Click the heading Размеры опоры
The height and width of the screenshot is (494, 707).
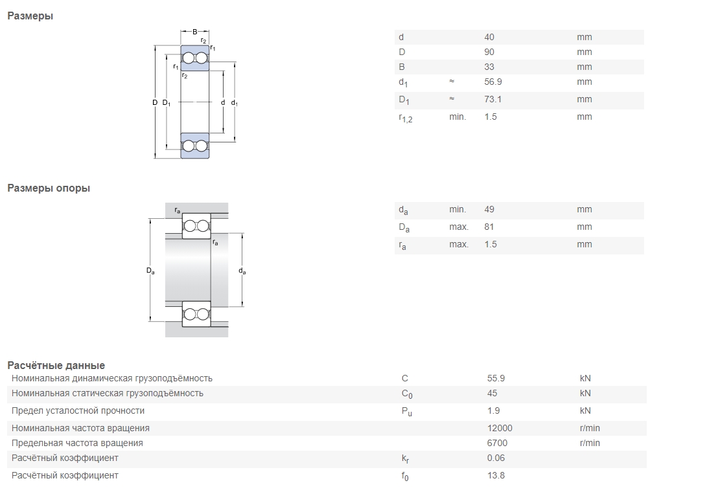tap(49, 188)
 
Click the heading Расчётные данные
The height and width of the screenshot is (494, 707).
tap(56, 365)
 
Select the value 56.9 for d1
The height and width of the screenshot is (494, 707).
tap(493, 82)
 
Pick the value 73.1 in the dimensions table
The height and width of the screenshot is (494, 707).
tap(493, 99)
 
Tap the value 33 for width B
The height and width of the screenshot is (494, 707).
tap(489, 67)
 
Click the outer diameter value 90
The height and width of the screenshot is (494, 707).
tap(489, 52)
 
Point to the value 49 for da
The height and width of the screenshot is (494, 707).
tap(489, 209)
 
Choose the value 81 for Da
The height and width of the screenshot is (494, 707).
tap(489, 227)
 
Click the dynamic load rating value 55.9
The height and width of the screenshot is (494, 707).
tap(496, 378)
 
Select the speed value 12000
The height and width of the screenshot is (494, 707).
tap(500, 428)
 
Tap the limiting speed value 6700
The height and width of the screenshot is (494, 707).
tap(497, 443)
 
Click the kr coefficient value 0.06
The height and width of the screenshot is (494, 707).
tap(496, 458)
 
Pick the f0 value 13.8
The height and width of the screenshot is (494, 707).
tap(496, 475)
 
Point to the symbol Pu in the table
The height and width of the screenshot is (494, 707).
tap(407, 412)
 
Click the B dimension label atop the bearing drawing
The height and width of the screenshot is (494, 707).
tap(195, 32)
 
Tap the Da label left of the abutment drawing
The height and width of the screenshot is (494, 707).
tap(150, 271)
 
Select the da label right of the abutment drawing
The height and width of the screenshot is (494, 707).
tap(242, 271)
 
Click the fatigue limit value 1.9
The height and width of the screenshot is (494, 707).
tap(493, 410)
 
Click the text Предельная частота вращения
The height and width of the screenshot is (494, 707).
tap(77, 443)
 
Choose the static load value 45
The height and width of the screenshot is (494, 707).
tap(492, 393)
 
